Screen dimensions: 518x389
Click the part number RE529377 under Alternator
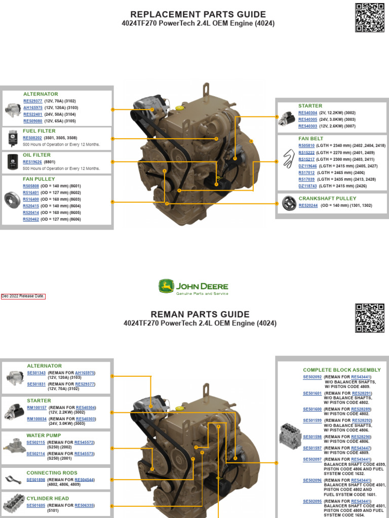coord(33,101)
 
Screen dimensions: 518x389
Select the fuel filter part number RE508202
coord(33,138)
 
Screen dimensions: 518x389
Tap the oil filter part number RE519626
coord(33,162)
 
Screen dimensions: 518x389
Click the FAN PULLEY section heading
coord(38,179)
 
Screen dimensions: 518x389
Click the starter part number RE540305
coord(308,119)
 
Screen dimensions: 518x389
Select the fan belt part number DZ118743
coord(307,186)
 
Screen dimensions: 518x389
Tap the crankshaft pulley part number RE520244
coord(308,206)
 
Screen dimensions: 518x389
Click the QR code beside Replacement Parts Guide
coord(369,18)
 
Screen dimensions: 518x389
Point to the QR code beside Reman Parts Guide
coord(369,318)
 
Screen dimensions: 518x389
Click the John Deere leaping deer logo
coord(166,287)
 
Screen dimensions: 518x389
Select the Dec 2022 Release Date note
coord(23,296)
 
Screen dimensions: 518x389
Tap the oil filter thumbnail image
coord(12,162)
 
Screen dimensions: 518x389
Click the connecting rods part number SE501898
coord(36,480)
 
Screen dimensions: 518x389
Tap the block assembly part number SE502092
coord(312,377)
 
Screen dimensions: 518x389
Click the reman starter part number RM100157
coord(36,408)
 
